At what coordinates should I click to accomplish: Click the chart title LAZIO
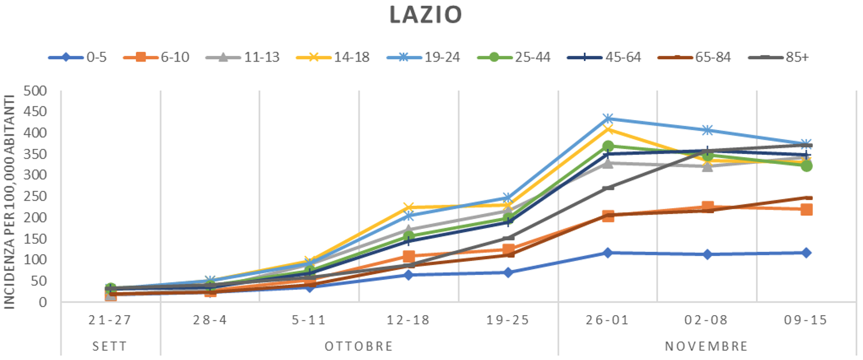(425, 16)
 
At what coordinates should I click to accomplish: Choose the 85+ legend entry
(782, 57)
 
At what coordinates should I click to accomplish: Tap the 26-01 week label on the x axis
(608, 320)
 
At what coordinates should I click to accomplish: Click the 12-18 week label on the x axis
(408, 320)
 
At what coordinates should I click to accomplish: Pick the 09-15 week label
(806, 320)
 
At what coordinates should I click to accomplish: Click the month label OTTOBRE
(359, 346)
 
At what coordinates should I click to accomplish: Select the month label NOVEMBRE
(707, 346)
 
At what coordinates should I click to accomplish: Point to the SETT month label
(110, 346)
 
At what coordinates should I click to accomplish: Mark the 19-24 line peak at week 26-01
(608, 119)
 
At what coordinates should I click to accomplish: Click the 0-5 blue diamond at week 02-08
(707, 254)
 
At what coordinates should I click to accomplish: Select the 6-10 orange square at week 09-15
(806, 209)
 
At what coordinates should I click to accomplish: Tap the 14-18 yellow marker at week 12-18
(408, 208)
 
